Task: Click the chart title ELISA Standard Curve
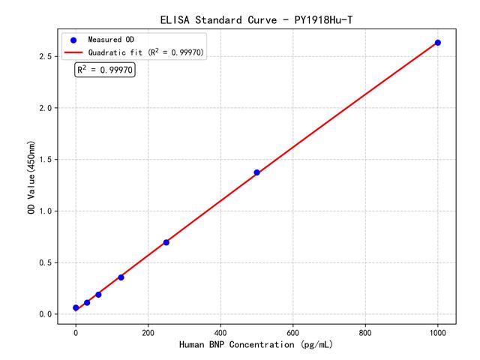(256, 18)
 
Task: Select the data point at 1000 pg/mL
(438, 43)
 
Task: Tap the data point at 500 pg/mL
(256, 172)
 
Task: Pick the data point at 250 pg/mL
(166, 242)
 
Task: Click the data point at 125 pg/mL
(121, 277)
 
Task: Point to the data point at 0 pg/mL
(76, 308)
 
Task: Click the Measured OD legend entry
(109, 39)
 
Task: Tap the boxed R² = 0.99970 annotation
(105, 70)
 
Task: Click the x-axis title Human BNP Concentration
(256, 344)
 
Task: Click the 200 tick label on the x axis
(148, 331)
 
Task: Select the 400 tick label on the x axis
(220, 331)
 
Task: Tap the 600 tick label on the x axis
(293, 331)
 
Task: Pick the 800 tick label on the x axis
(365, 331)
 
